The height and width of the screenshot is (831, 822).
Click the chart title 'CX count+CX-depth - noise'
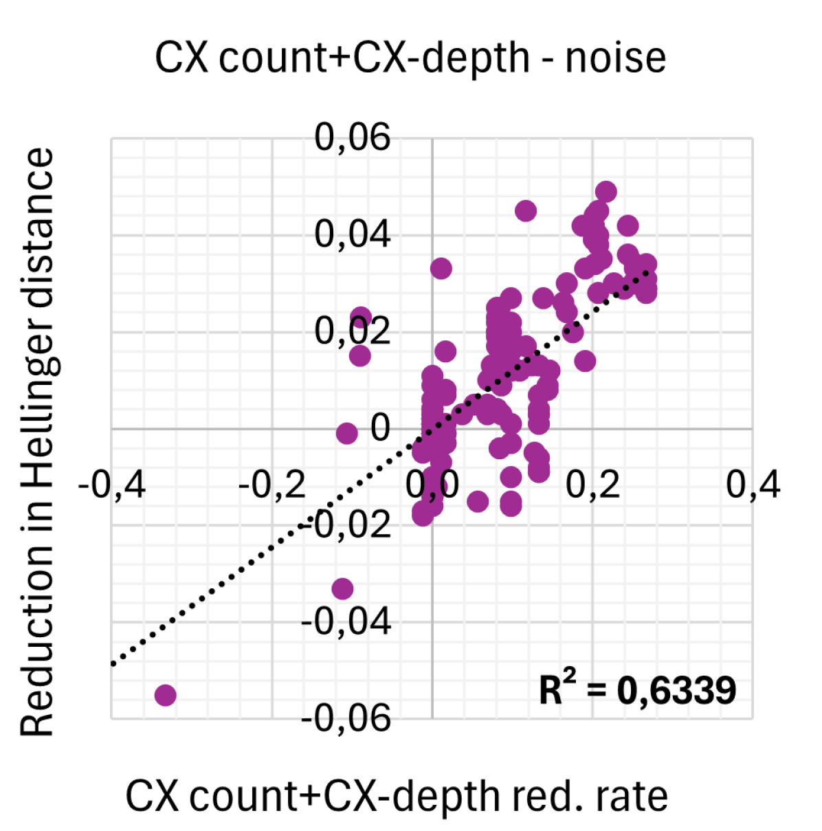pyautogui.click(x=410, y=58)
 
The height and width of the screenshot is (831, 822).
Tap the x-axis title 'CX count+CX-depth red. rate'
pyautogui.click(x=397, y=797)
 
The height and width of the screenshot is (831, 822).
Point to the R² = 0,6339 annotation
pyautogui.click(x=637, y=689)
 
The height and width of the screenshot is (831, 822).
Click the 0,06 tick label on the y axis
pyautogui.click(x=352, y=137)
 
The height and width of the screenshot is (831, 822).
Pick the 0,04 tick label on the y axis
pyautogui.click(x=352, y=234)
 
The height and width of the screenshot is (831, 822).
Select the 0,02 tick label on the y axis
pyautogui.click(x=352, y=331)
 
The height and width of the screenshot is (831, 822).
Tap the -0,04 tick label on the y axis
pyautogui.click(x=346, y=622)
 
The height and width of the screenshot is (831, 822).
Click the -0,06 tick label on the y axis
pyautogui.click(x=346, y=719)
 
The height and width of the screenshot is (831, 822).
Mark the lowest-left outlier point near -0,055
pyautogui.click(x=165, y=695)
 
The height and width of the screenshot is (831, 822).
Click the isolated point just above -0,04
pyautogui.click(x=342, y=588)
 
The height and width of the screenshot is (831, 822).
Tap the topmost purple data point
pyautogui.click(x=606, y=192)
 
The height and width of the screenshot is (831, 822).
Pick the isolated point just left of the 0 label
pyautogui.click(x=347, y=433)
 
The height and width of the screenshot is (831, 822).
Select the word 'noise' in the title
pyautogui.click(x=615, y=58)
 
